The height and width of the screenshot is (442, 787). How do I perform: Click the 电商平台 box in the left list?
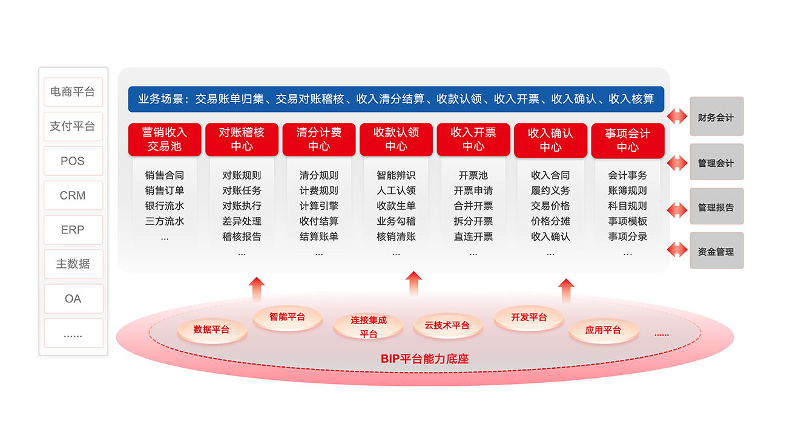[73, 93]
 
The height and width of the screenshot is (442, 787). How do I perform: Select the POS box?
[73, 161]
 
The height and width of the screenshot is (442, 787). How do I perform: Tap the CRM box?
[73, 196]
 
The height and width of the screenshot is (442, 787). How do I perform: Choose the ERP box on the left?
[73, 230]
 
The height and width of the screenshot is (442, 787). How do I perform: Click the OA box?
[73, 299]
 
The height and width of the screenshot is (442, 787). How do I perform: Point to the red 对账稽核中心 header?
[242, 140]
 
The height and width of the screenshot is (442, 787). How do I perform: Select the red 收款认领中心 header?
[396, 140]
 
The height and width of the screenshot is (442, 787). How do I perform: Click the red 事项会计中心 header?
[627, 140]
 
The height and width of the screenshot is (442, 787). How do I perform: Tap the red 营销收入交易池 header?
[165, 140]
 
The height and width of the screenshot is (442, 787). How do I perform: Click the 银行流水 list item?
[165, 206]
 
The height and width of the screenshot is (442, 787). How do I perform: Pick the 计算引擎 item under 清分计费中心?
[319, 206]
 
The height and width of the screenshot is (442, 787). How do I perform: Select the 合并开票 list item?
[473, 206]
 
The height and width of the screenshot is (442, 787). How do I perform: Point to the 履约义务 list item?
[550, 191]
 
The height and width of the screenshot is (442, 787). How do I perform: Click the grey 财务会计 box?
[716, 117]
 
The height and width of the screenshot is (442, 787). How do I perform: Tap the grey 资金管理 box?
[716, 252]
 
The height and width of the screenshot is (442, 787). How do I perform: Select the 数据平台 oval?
[212, 330]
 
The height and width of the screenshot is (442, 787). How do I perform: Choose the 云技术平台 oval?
[447, 326]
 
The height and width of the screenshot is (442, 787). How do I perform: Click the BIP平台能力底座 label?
[425, 359]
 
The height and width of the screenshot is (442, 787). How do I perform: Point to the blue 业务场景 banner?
[396, 99]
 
